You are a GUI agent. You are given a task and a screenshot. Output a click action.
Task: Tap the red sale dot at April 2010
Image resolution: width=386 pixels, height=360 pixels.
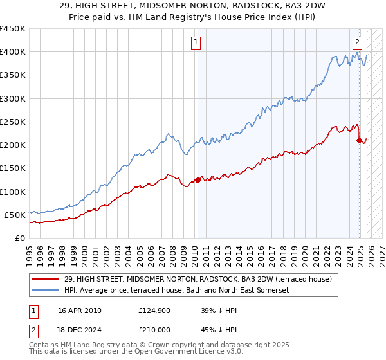(198, 180)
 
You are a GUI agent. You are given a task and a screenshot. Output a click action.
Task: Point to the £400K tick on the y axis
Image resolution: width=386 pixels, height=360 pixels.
(13, 52)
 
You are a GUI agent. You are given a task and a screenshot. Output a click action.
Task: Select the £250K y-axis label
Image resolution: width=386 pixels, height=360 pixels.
(13, 122)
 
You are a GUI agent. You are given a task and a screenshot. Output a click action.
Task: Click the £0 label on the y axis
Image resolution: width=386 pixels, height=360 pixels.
(19, 238)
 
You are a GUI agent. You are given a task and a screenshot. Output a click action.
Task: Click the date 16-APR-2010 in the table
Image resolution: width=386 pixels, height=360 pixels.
(79, 310)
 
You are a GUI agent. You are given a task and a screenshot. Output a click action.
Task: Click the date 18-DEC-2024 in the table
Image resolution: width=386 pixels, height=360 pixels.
(79, 330)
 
